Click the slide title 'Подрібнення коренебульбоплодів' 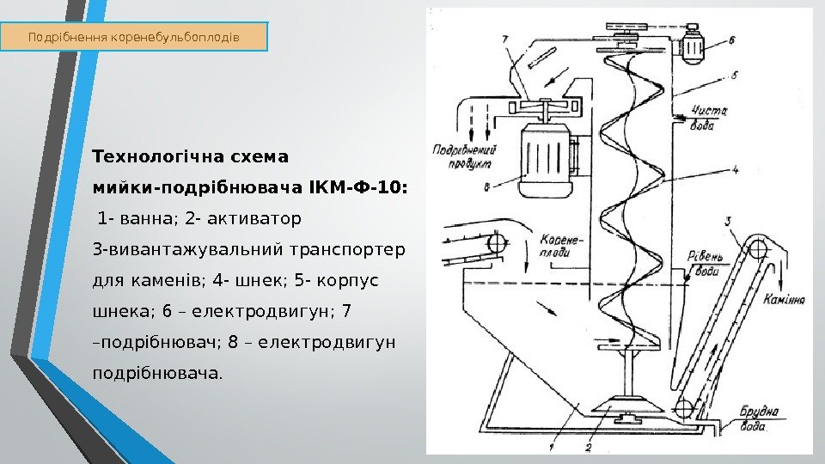(134, 38)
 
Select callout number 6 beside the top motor (731, 40)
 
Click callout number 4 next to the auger (736, 169)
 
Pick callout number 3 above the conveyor (729, 222)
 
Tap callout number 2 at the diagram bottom (587, 447)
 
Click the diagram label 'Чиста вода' (710, 116)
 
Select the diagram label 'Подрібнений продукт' (463, 155)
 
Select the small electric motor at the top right (694, 47)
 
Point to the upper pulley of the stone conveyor (758, 249)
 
